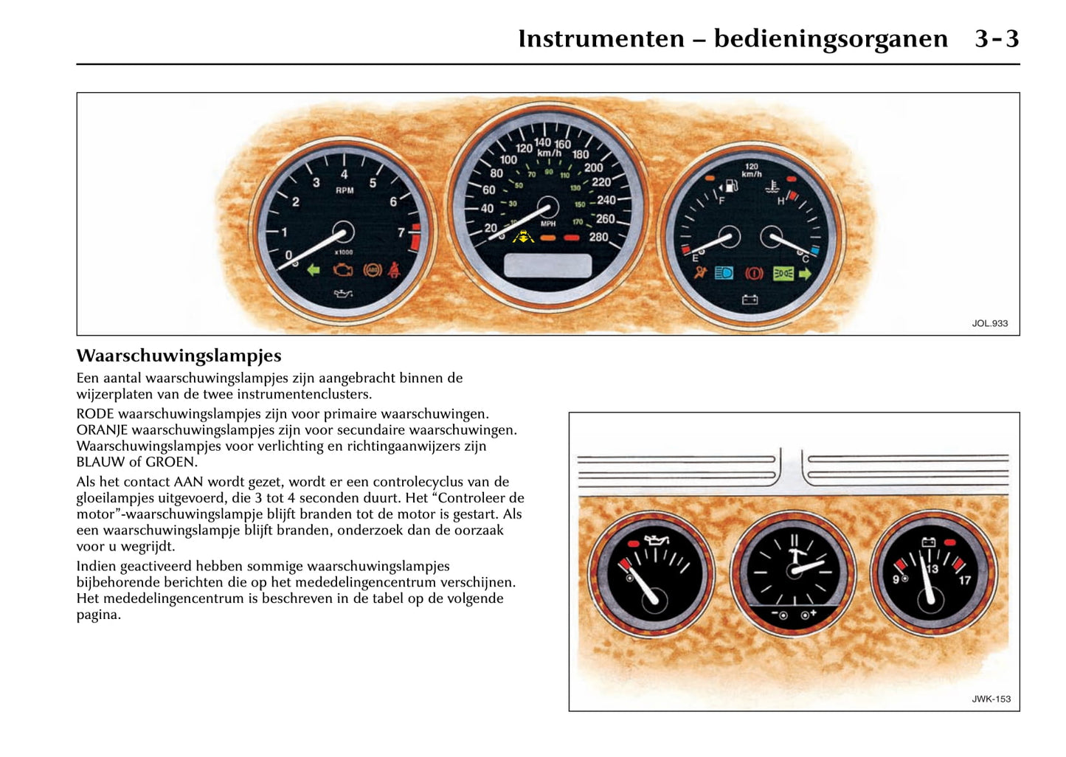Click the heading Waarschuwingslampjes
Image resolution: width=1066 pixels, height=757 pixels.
(179, 356)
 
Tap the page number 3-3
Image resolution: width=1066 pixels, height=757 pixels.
(996, 38)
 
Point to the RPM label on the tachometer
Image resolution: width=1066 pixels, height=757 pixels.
(345, 190)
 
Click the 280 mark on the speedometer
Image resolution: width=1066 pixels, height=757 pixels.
(598, 237)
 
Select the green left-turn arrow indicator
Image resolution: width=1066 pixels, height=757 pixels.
(314, 270)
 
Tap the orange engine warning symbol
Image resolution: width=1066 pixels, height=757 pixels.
(342, 270)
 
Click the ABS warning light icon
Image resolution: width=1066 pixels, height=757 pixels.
(373, 270)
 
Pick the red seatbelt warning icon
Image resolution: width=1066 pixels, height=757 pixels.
(395, 270)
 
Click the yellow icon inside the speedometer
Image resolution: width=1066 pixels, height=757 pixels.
(523, 237)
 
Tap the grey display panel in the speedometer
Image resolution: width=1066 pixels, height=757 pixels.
(547, 266)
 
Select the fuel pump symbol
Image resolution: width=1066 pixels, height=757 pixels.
(730, 184)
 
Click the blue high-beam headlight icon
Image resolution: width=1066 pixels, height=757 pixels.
(724, 273)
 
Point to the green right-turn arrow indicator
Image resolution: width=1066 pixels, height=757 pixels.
(805, 274)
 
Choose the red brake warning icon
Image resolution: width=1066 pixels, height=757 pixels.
(754, 274)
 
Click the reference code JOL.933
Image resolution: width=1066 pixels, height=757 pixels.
(989, 323)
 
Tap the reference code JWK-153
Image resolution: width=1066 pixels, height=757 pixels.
(991, 699)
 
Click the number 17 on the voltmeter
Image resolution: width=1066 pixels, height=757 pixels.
(964, 580)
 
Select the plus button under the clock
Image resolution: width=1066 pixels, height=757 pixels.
(807, 615)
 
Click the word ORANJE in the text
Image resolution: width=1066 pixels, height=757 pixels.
(102, 430)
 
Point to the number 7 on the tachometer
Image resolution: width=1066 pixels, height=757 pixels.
(401, 233)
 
